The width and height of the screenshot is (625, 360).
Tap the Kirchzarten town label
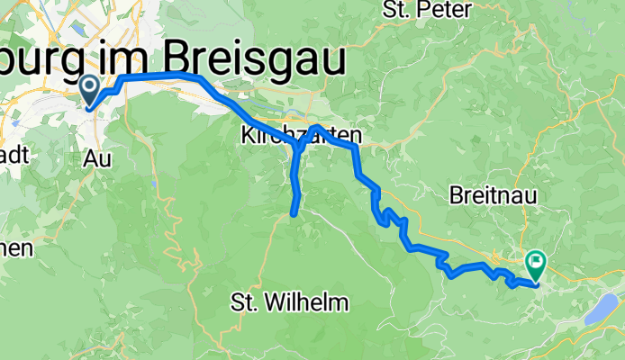pyautogui.click(x=301, y=137)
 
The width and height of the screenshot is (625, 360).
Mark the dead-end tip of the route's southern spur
pyautogui.click(x=293, y=213)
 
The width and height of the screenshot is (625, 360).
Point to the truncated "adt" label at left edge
pyautogui.click(x=15, y=155)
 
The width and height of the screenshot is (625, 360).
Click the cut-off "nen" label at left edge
pyautogui.click(x=16, y=247)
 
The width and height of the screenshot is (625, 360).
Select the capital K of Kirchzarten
pyautogui.click(x=248, y=137)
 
